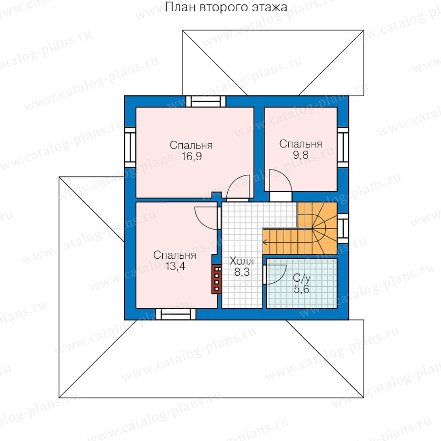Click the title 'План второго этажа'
click(226, 7)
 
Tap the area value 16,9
click(192, 156)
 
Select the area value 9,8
click(301, 155)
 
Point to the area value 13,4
click(175, 266)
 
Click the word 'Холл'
click(242, 261)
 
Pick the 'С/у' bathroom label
click(301, 278)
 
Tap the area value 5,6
click(301, 289)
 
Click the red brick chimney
click(217, 279)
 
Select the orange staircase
click(300, 229)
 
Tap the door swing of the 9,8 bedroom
click(280, 180)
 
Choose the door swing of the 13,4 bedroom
click(206, 218)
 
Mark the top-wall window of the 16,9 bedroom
click(206, 101)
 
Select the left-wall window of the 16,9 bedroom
click(130, 147)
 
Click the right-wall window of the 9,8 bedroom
click(343, 147)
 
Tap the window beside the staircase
click(343, 229)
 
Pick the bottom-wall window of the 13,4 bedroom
click(176, 314)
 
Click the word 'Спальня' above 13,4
click(174, 255)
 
